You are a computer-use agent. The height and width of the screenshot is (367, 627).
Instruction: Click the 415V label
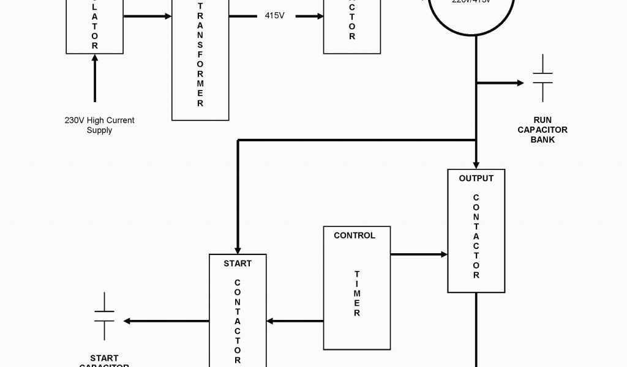pyautogui.click(x=274, y=15)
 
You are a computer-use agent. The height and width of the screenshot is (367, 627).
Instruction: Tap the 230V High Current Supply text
pyautogui.click(x=99, y=125)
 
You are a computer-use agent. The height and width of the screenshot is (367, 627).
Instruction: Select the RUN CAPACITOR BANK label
pyautogui.click(x=543, y=130)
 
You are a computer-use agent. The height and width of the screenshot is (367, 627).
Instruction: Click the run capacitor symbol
pyautogui.click(x=543, y=78)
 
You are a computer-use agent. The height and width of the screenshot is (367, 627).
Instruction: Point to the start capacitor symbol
pyautogui.click(x=104, y=316)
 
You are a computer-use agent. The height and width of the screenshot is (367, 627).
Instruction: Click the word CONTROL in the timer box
pyautogui.click(x=355, y=235)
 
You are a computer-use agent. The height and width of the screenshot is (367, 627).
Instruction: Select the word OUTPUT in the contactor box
pyautogui.click(x=476, y=179)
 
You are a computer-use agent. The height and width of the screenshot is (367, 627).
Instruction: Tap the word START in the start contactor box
pyautogui.click(x=237, y=263)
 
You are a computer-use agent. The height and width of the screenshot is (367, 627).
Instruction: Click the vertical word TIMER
pyautogui.click(x=356, y=294)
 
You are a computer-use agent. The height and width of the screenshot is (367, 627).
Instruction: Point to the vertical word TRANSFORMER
pyautogui.click(x=200, y=55)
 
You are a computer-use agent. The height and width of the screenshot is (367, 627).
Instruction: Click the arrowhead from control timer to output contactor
pyautogui.click(x=443, y=254)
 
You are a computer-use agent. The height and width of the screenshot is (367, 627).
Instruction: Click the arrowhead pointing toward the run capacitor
pyautogui.click(x=519, y=83)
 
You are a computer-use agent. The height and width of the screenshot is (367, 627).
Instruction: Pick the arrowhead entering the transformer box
pyautogui.click(x=167, y=15)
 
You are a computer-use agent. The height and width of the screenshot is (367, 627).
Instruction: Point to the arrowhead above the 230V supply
pyautogui.click(x=95, y=59)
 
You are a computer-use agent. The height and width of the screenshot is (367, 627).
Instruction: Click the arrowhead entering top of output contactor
pyautogui.click(x=476, y=165)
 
